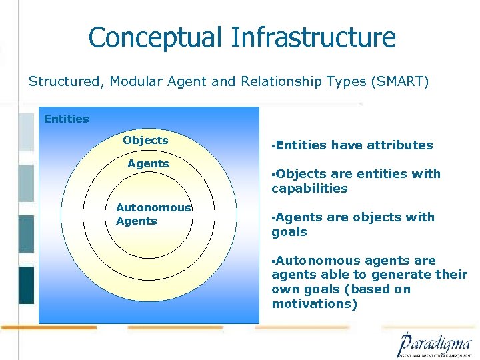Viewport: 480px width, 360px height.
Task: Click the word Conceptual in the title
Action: (157, 37)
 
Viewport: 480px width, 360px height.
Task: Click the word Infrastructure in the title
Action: (313, 37)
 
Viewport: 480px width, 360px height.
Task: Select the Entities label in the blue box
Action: (66, 119)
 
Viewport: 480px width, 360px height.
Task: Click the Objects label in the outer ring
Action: (145, 141)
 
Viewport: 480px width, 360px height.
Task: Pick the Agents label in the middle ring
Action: (148, 164)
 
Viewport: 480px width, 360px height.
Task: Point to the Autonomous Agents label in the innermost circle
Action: (153, 215)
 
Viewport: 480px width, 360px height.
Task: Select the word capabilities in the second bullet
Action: (309, 189)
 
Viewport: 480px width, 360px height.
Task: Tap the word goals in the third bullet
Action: (289, 232)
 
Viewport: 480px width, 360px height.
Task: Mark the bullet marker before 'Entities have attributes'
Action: (273, 145)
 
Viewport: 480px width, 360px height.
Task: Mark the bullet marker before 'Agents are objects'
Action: (273, 217)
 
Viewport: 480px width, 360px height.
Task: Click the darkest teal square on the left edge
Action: (25, 285)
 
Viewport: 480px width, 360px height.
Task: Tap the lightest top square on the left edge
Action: (25, 132)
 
